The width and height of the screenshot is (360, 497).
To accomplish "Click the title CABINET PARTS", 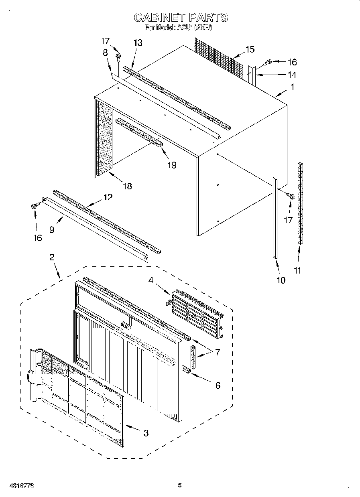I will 180,17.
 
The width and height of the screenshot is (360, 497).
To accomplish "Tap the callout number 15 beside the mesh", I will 250,49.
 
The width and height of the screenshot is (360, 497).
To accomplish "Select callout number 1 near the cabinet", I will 292,87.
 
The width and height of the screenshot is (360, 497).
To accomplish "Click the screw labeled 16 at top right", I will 268,62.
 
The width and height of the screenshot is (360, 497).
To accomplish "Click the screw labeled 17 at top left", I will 118,55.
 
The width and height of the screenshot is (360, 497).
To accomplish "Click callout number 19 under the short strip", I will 172,165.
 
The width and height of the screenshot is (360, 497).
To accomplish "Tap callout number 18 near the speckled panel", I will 127,186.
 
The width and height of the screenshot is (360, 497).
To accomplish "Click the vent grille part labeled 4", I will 196,311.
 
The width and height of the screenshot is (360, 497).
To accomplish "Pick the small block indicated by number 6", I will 187,369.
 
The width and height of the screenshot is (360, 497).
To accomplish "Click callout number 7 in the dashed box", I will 217,352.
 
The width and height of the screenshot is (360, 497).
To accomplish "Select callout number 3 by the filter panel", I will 146,433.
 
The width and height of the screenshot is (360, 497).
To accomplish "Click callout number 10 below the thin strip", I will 281,280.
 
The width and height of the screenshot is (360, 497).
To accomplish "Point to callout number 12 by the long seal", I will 108,197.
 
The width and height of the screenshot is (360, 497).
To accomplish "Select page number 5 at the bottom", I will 180,485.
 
